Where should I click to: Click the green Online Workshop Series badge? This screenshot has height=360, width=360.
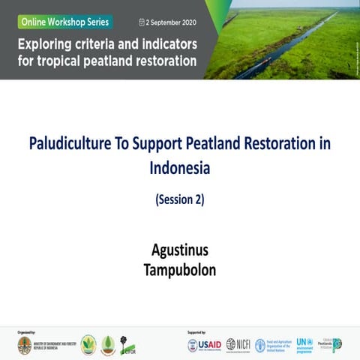click(64, 22)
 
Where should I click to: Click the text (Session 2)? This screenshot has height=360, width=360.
click(179, 200)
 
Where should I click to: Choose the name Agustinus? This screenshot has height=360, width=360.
click(180, 248)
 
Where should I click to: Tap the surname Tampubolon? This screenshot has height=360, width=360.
click(180, 269)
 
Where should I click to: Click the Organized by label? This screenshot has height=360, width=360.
click(25, 330)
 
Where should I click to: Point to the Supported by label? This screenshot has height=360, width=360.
click(196, 330)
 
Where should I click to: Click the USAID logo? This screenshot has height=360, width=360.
click(203, 344)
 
